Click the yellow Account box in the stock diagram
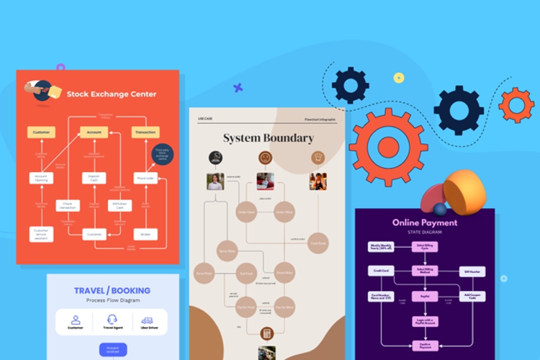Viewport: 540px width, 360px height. (94, 132)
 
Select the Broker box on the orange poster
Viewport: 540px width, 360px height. (145, 234)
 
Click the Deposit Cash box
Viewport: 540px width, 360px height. (94, 178)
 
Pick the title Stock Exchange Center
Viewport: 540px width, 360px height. (112, 94)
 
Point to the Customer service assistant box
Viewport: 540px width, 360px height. (41, 234)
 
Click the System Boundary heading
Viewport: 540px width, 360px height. (268, 138)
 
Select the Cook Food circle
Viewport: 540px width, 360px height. (318, 244)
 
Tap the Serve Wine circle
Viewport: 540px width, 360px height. (226, 251)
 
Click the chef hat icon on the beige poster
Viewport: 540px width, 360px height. (318, 157)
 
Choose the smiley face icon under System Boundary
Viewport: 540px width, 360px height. (266, 157)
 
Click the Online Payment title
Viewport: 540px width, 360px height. (425, 222)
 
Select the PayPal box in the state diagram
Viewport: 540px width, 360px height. (424, 296)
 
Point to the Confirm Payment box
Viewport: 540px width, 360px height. (424, 346)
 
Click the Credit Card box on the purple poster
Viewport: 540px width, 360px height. (381, 271)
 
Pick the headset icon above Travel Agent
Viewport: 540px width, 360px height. (112, 320)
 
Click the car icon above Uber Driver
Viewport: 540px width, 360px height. (147, 320)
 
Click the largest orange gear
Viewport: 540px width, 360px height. (388, 147)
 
